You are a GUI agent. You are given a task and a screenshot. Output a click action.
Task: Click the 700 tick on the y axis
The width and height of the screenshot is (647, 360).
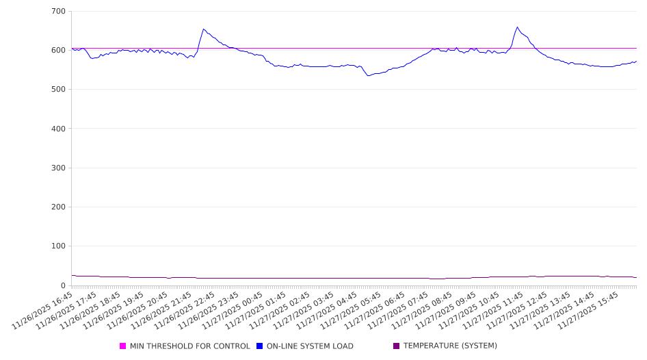point(58,11)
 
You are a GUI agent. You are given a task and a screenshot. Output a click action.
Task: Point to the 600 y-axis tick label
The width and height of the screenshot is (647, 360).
point(58,50)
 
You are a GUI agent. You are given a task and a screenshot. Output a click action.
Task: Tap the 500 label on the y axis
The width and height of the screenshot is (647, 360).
point(58,89)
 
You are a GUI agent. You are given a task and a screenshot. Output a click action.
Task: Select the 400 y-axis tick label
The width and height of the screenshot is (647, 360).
point(58,129)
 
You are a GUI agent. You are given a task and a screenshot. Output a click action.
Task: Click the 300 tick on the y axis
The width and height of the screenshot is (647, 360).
point(58,168)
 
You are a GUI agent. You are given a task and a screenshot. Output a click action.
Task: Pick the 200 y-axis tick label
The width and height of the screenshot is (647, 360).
point(58,207)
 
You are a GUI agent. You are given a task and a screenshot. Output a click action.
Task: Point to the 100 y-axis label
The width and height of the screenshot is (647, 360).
point(58,246)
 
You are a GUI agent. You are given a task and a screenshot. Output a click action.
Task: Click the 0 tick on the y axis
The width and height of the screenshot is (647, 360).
point(63,285)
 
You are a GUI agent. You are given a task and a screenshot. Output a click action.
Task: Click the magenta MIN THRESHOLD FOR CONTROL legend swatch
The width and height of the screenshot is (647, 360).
point(123,346)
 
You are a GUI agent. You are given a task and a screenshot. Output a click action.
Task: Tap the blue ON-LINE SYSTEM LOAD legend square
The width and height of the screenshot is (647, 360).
point(260,346)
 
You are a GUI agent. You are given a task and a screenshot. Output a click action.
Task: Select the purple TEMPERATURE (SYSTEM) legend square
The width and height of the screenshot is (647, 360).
point(397,346)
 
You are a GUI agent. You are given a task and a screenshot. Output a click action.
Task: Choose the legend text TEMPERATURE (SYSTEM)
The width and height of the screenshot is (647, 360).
point(450,346)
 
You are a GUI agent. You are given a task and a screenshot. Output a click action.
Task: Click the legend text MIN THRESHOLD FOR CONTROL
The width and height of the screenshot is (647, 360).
point(190,346)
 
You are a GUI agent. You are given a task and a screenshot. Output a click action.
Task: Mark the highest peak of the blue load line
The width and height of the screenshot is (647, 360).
point(517,27)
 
